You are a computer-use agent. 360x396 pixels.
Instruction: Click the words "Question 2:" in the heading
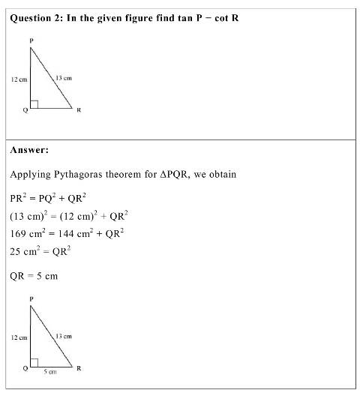[x=37, y=17]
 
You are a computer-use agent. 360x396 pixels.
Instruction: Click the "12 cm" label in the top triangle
[x=19, y=78]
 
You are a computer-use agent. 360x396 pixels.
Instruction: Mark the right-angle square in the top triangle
[x=34, y=103]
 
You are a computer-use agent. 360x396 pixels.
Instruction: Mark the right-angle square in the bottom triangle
[x=34, y=363]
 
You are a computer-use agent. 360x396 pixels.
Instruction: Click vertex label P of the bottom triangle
[x=31, y=298]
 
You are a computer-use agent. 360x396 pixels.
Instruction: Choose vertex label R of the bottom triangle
[x=79, y=369]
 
